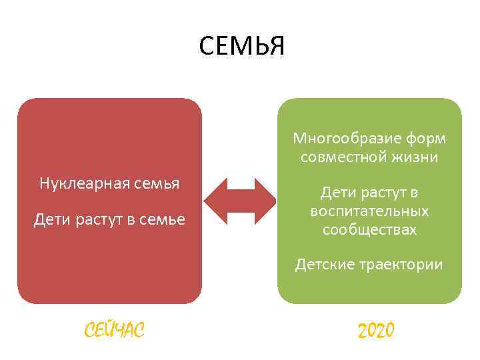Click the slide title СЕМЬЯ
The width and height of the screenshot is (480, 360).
click(241, 47)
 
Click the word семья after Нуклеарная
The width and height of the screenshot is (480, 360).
click(157, 183)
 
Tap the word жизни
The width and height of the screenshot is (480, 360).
click(415, 158)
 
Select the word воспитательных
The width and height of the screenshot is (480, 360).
click(369, 211)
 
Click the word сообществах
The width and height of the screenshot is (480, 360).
click(369, 230)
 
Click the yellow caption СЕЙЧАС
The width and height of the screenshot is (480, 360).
click(114, 329)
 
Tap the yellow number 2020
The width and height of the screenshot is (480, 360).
click(376, 329)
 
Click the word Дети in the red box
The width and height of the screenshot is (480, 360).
click(51, 220)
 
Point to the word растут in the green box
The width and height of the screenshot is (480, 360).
click(382, 193)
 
